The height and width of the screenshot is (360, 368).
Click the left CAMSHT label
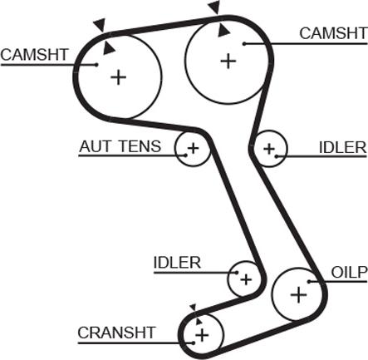point(34,55)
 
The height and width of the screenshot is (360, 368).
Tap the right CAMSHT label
point(333,33)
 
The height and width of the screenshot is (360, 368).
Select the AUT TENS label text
point(120,146)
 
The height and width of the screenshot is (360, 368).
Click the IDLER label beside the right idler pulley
point(343,147)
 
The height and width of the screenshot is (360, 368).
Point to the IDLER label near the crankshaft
point(177,262)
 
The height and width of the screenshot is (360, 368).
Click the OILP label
point(349,272)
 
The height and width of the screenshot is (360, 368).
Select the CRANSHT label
point(116,333)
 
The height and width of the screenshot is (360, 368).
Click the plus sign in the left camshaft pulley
point(119,77)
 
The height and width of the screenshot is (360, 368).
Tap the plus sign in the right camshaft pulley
point(228,61)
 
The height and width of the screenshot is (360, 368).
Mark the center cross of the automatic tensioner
point(193,148)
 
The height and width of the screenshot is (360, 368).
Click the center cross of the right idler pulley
point(269,149)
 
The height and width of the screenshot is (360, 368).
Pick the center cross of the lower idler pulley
point(246,279)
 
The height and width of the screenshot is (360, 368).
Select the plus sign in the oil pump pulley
point(299,294)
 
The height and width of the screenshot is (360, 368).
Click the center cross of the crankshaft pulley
point(202,335)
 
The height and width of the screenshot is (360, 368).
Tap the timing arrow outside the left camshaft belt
point(101,25)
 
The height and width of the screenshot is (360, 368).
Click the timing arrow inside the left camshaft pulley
point(108,48)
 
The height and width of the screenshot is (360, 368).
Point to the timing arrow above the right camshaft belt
point(214,7)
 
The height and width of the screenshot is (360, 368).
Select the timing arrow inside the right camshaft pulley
point(223,31)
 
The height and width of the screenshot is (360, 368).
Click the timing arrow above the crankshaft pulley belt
point(193,308)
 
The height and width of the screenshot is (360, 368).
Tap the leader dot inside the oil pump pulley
point(309,282)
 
